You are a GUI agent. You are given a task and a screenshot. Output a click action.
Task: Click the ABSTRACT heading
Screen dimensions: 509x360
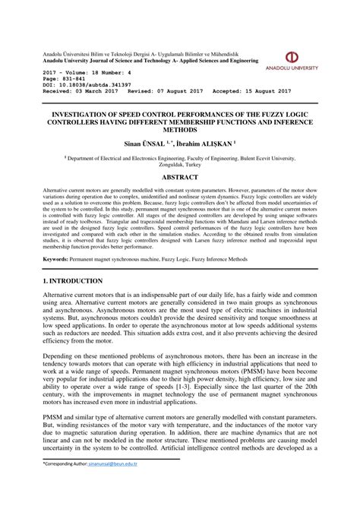pyautogui.click(x=180, y=176)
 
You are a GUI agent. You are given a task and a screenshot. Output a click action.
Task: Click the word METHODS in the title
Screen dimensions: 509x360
pyautogui.click(x=180, y=129)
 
